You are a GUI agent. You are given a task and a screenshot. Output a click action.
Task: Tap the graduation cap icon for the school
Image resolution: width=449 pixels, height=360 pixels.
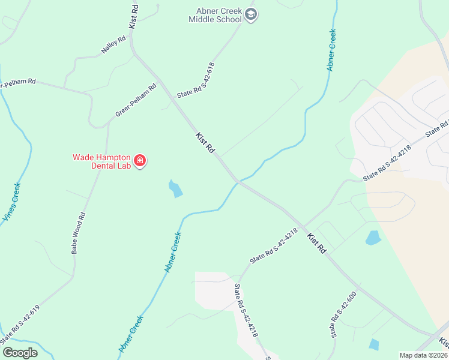point(252,15)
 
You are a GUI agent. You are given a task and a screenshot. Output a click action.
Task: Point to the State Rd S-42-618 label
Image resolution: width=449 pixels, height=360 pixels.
point(196,80)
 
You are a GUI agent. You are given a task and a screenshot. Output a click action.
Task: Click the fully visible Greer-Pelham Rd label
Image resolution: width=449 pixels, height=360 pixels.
point(136,101)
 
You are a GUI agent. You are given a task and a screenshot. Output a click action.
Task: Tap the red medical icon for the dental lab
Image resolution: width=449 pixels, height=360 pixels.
point(140,161)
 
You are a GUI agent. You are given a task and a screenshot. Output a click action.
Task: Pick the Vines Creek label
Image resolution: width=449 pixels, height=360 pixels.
point(11,203)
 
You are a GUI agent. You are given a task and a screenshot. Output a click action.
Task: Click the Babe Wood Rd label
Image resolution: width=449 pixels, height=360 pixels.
point(79,233)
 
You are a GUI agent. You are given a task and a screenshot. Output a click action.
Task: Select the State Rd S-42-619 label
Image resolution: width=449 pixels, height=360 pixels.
point(20,324)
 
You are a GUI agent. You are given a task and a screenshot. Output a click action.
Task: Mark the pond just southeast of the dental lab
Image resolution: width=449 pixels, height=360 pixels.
point(175,189)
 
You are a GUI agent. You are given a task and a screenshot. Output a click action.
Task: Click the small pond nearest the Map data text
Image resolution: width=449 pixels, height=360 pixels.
point(374,344)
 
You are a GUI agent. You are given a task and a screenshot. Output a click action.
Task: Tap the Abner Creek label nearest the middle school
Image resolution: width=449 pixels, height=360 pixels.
point(331,50)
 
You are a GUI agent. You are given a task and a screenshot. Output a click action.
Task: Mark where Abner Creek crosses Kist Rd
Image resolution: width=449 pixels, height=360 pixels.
point(238,181)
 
